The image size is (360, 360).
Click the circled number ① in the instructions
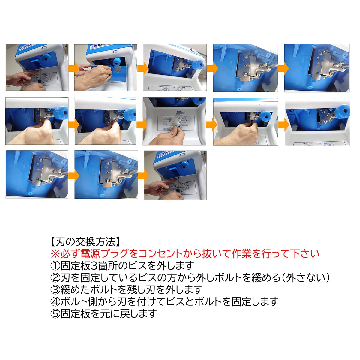[x=55, y=266]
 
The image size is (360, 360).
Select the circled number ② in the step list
[x=55, y=278]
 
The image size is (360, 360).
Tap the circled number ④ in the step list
[x=55, y=302]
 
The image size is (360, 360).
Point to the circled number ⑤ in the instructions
[x=55, y=314]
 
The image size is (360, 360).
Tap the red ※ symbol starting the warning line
[x=55, y=254]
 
